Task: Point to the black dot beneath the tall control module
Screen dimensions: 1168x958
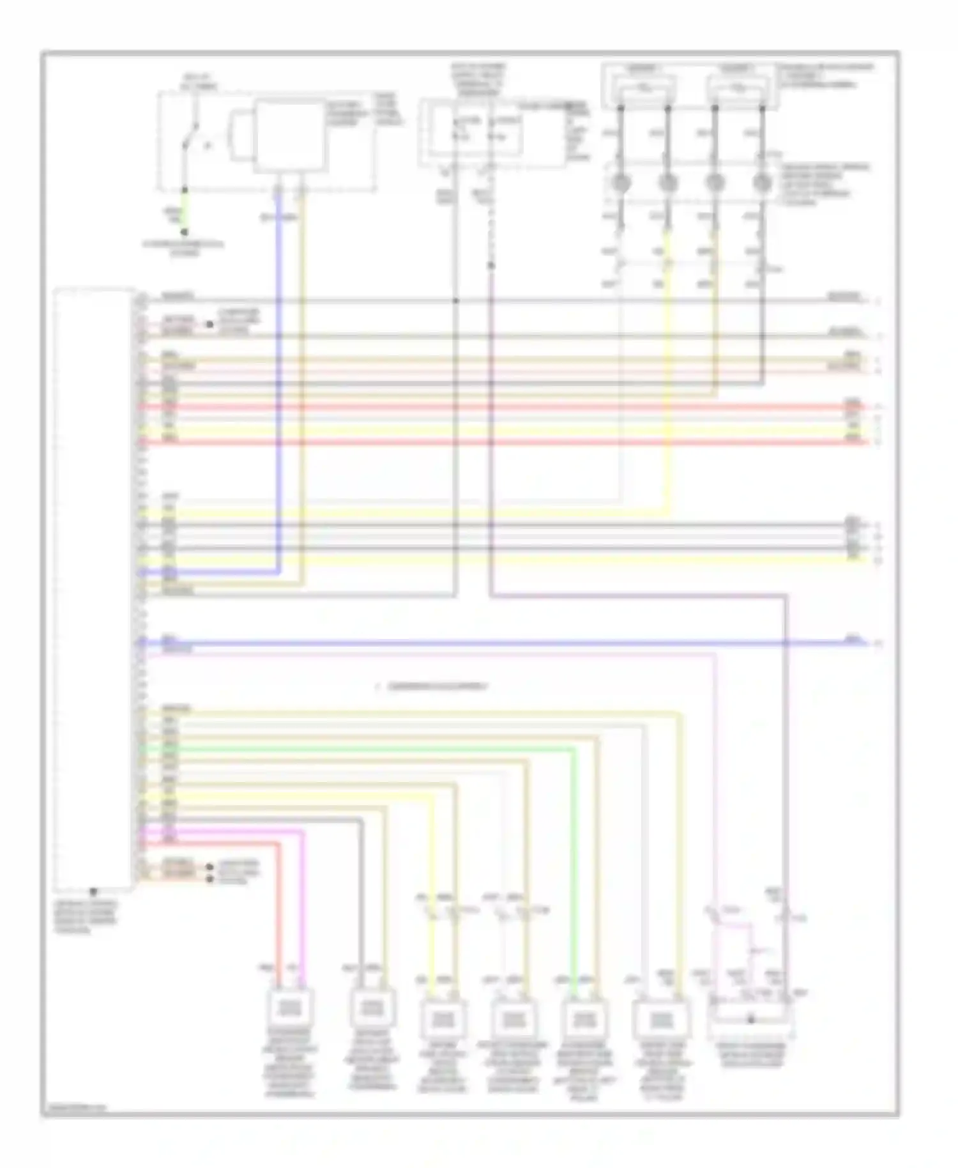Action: point(94,891)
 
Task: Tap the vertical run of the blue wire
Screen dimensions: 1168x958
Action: point(278,383)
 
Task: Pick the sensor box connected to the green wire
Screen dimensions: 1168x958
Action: point(582,1016)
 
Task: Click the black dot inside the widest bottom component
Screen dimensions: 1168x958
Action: point(751,1020)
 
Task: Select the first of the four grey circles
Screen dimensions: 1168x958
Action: point(621,184)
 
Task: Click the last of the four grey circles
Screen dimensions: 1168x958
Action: point(761,184)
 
